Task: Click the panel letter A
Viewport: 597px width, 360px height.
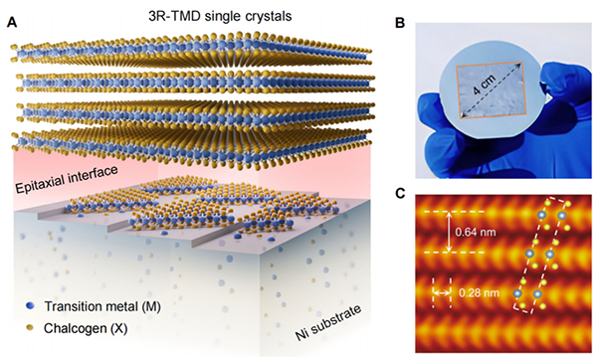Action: tap(12, 23)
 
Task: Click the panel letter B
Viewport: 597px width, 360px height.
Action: tap(400, 23)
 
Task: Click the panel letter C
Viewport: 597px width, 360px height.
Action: tap(400, 193)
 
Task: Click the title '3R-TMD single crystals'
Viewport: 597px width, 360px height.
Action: tap(220, 16)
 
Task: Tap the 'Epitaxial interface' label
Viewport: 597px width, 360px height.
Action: tap(67, 180)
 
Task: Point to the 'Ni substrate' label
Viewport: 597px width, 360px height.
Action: tap(328, 322)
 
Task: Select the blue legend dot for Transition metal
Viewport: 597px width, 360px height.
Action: tap(30, 306)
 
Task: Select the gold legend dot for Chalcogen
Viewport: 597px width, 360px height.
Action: tap(30, 327)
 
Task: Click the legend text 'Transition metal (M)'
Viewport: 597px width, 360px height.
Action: tap(102, 306)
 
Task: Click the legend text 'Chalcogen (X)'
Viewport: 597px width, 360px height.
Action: tap(86, 328)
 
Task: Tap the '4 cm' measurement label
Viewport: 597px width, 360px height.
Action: tap(484, 85)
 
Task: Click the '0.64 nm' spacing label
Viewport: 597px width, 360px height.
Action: tap(476, 232)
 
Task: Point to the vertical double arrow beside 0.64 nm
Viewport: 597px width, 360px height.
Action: tap(450, 232)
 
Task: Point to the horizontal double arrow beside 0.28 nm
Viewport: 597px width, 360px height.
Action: tap(442, 292)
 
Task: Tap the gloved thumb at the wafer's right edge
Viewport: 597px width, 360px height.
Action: tap(558, 89)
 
